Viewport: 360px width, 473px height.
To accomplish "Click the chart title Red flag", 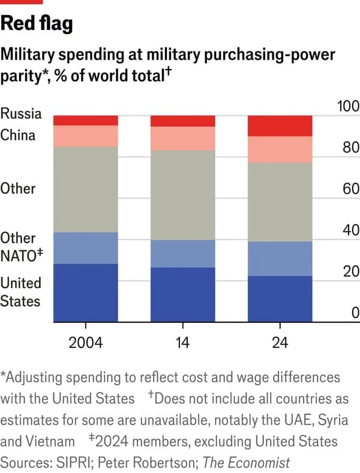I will click(x=37, y=23).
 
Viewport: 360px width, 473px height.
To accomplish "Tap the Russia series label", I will click(x=21, y=113).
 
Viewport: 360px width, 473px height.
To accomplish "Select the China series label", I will click(x=18, y=135).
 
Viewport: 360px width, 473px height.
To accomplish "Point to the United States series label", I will click(x=20, y=292).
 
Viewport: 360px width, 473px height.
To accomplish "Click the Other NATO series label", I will click(x=18, y=247).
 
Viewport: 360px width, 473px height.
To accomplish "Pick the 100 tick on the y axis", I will click(x=348, y=107).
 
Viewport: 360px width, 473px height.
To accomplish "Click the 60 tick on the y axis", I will click(x=350, y=189).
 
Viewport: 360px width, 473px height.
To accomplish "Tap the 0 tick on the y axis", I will click(x=355, y=313).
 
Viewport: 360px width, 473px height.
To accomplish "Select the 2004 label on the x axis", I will click(x=86, y=343).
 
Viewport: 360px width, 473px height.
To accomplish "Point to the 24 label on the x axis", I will click(x=280, y=343).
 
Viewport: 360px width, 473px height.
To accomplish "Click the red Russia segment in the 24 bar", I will click(x=280, y=125).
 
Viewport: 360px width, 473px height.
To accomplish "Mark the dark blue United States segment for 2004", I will click(x=86, y=292).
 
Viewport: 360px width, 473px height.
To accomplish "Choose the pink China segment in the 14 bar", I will click(x=182, y=139).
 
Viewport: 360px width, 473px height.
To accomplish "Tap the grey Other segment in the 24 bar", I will click(x=280, y=202).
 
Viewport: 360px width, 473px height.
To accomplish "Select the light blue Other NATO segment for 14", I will click(x=182, y=253).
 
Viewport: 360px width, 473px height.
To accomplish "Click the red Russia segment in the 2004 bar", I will click(x=86, y=120).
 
